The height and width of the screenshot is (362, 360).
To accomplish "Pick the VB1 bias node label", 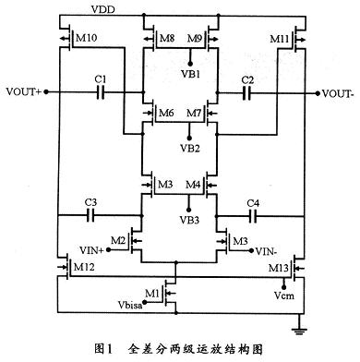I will pyautogui.click(x=180, y=71).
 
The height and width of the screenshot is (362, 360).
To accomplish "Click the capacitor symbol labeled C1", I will pyautogui.click(x=102, y=93).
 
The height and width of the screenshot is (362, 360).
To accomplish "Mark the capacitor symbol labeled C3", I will pyautogui.click(x=90, y=213).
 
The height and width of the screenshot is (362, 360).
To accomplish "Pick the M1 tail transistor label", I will pyautogui.click(x=155, y=294).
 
